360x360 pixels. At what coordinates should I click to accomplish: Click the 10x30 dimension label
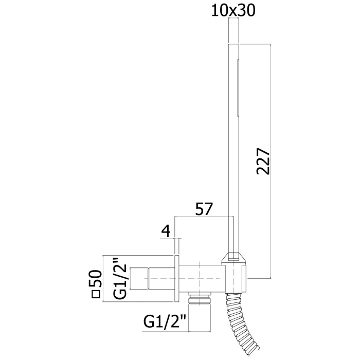(x=233, y=11)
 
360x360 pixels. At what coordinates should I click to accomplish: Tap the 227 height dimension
(x=263, y=161)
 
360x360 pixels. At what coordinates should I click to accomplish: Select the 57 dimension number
(x=204, y=209)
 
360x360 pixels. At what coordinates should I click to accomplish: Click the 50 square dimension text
(x=95, y=279)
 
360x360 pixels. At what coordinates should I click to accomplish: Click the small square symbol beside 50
(x=96, y=294)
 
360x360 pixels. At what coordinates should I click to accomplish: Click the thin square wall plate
(x=177, y=279)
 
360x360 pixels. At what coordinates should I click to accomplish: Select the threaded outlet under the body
(x=200, y=298)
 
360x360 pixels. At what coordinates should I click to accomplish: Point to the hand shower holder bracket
(x=235, y=273)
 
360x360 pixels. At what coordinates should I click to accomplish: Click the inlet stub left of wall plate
(x=153, y=279)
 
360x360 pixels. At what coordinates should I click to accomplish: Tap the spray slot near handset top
(x=238, y=88)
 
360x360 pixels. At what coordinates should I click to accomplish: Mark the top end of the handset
(x=233, y=44)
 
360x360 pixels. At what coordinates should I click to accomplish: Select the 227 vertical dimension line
(x=271, y=161)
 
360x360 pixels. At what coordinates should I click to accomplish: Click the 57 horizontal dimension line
(x=204, y=217)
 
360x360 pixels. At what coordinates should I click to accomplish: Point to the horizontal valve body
(x=202, y=279)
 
